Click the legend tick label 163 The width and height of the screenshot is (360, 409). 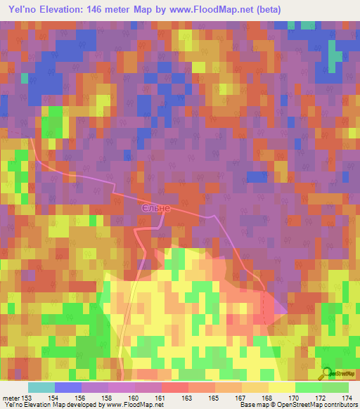[x=188, y=398]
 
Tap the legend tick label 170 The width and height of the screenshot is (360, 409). [x=295, y=398]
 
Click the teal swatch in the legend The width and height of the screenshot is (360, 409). [x=41, y=387]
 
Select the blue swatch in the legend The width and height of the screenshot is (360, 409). [x=68, y=387]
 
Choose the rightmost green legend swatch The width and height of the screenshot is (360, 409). [x=335, y=387]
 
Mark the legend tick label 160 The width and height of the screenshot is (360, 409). [x=134, y=398]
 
